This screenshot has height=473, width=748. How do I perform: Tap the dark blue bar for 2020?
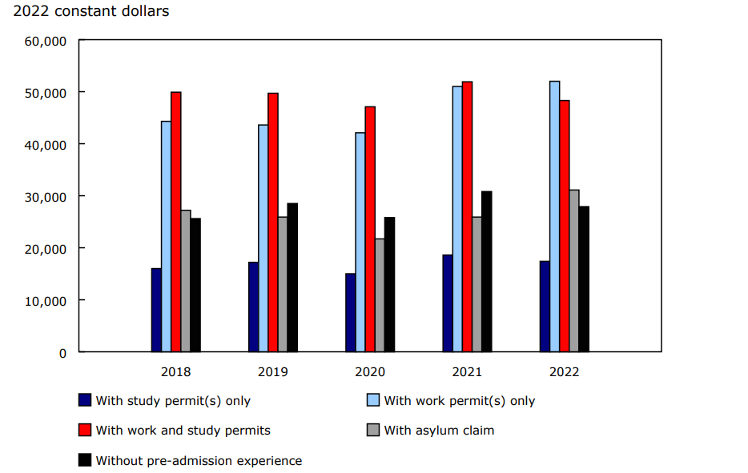click(x=350, y=312)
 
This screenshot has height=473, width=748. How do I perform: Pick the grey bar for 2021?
click(x=477, y=284)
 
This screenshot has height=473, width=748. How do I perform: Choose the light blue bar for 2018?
click(x=166, y=236)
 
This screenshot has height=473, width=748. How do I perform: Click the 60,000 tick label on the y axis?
click(x=45, y=41)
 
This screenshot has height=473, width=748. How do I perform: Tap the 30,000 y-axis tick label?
click(x=45, y=197)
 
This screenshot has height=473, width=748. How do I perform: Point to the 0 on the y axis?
click(x=62, y=353)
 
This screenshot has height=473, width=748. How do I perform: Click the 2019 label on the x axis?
click(x=273, y=372)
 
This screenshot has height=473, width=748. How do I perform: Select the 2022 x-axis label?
click(x=564, y=372)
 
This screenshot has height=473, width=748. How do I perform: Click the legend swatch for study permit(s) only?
click(x=84, y=400)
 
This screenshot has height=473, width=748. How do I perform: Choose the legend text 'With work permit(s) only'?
click(x=459, y=400)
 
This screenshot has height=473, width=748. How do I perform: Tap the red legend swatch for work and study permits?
click(x=84, y=431)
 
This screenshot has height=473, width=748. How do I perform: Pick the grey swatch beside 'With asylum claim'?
click(x=372, y=431)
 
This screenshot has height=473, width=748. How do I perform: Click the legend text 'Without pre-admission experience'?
click(x=199, y=461)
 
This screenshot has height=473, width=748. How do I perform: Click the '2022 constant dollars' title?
click(x=91, y=12)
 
